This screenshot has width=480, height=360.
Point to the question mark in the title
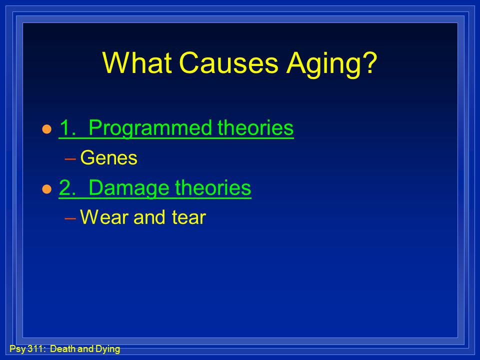click(370, 62)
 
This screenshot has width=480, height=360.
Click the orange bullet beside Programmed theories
click(47, 129)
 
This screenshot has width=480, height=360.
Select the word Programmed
click(150, 128)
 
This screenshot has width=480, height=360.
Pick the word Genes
click(108, 157)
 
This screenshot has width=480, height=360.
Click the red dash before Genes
click(70, 158)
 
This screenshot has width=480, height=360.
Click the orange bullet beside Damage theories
click(47, 189)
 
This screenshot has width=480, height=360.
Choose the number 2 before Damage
click(66, 187)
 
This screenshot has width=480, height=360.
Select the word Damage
click(129, 188)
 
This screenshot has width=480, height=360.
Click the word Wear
click(104, 217)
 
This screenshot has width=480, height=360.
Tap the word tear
click(188, 217)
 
